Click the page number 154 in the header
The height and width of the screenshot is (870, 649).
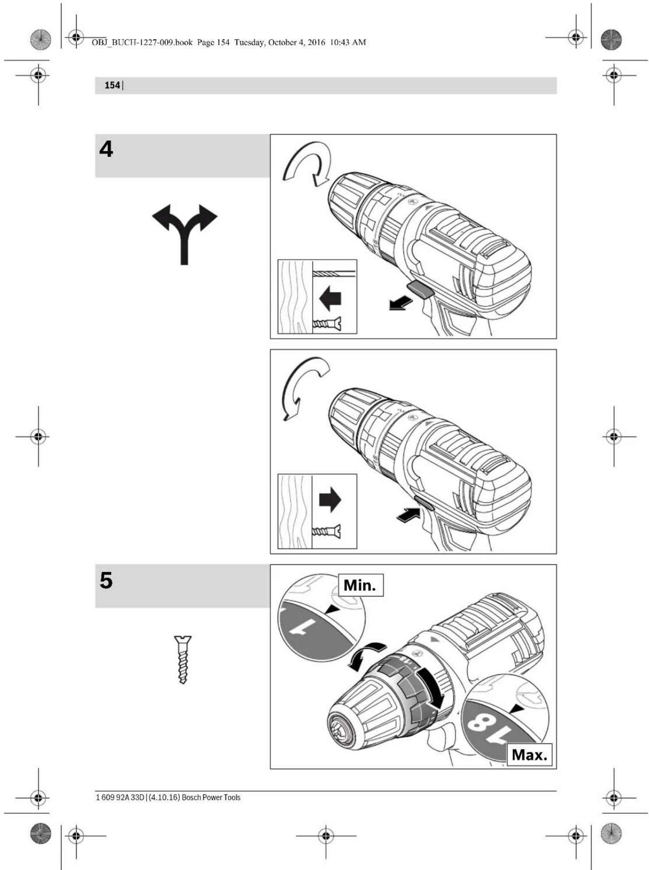click(112, 86)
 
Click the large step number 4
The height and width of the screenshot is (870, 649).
click(106, 149)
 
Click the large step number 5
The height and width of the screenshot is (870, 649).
click(106, 580)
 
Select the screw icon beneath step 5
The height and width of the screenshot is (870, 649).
click(183, 660)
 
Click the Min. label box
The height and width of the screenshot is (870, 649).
click(361, 585)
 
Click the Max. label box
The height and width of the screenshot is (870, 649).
click(529, 755)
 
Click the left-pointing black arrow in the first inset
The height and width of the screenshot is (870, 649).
click(330, 299)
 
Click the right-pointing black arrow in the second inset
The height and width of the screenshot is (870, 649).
click(330, 499)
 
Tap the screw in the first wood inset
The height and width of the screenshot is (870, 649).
click(327, 324)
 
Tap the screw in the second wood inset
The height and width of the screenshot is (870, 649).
click(326, 531)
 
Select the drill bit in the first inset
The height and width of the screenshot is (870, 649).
click(334, 274)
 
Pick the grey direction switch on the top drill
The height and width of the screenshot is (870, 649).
click(421, 290)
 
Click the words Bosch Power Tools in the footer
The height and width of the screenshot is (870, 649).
click(211, 797)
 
